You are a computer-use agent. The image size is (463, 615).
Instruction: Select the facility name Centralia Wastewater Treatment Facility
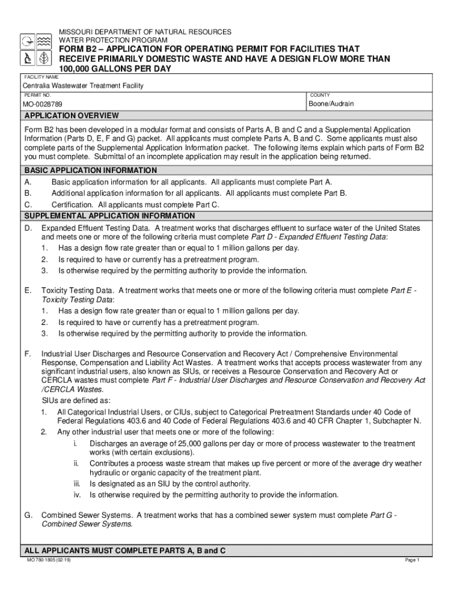point(83,86)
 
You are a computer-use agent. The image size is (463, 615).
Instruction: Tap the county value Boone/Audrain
point(331,104)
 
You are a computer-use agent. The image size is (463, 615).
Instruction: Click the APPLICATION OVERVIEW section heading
point(71,115)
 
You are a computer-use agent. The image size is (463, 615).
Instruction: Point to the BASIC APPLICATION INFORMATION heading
point(90,171)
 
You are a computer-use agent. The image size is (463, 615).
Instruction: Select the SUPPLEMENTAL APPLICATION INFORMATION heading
point(109,216)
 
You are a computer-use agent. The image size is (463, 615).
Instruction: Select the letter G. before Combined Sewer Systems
point(28,515)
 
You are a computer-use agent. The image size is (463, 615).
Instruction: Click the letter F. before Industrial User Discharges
point(28,354)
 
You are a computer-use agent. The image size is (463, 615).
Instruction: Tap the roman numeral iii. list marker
point(77,484)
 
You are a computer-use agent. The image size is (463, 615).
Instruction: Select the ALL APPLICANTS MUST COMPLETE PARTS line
point(124,550)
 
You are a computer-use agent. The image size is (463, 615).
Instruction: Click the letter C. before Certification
point(28,205)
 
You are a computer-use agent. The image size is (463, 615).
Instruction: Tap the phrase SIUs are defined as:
point(75,401)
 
